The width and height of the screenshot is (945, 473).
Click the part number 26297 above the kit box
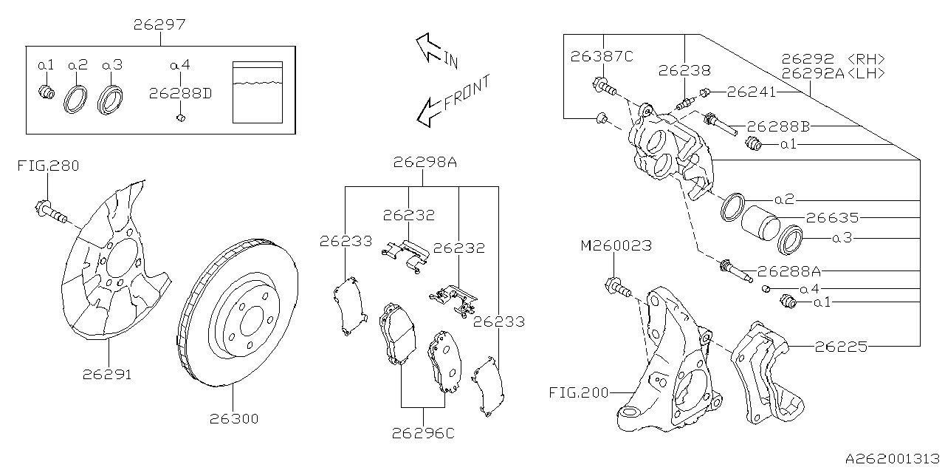[159, 25]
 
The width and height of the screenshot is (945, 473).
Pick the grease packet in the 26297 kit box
[257, 91]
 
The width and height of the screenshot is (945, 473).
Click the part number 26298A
[425, 162]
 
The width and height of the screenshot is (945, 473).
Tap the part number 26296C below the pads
[425, 433]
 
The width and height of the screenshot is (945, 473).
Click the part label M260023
[616, 245]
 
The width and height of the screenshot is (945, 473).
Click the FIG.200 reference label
[580, 392]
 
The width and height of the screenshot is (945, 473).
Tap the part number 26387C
[602, 56]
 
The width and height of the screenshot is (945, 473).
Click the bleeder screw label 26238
[684, 71]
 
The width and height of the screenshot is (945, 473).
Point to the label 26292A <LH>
[833, 73]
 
